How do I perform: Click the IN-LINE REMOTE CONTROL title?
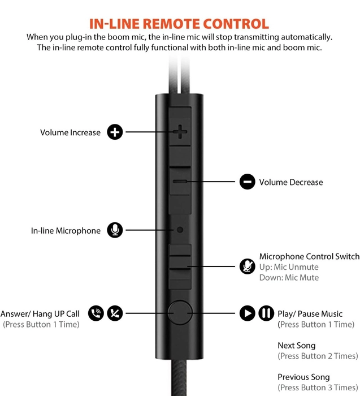tap(179, 24)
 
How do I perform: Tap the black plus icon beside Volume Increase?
tap(115, 132)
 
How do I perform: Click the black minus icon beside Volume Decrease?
tap(247, 182)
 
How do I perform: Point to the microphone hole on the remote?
tap(180, 230)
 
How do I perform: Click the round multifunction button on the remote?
tap(180, 312)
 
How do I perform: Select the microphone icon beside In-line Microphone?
tap(115, 230)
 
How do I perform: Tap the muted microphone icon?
tap(247, 266)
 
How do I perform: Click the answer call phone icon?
tap(96, 313)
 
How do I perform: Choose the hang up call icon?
tap(115, 313)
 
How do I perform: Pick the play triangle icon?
tap(247, 313)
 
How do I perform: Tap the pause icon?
tap(266, 313)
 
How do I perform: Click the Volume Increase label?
tap(70, 132)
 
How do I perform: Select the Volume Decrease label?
tap(291, 182)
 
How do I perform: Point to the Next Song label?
tap(297, 346)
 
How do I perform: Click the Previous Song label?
tap(303, 377)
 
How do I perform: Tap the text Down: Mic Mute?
tap(289, 278)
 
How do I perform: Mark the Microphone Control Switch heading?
tap(309, 257)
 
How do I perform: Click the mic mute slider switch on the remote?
tap(180, 266)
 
